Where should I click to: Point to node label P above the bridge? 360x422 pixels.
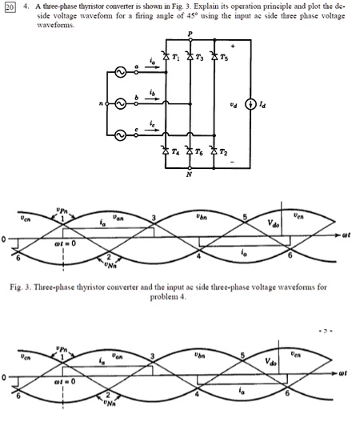click(x=190, y=34)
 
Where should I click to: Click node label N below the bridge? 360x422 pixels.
click(x=190, y=175)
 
